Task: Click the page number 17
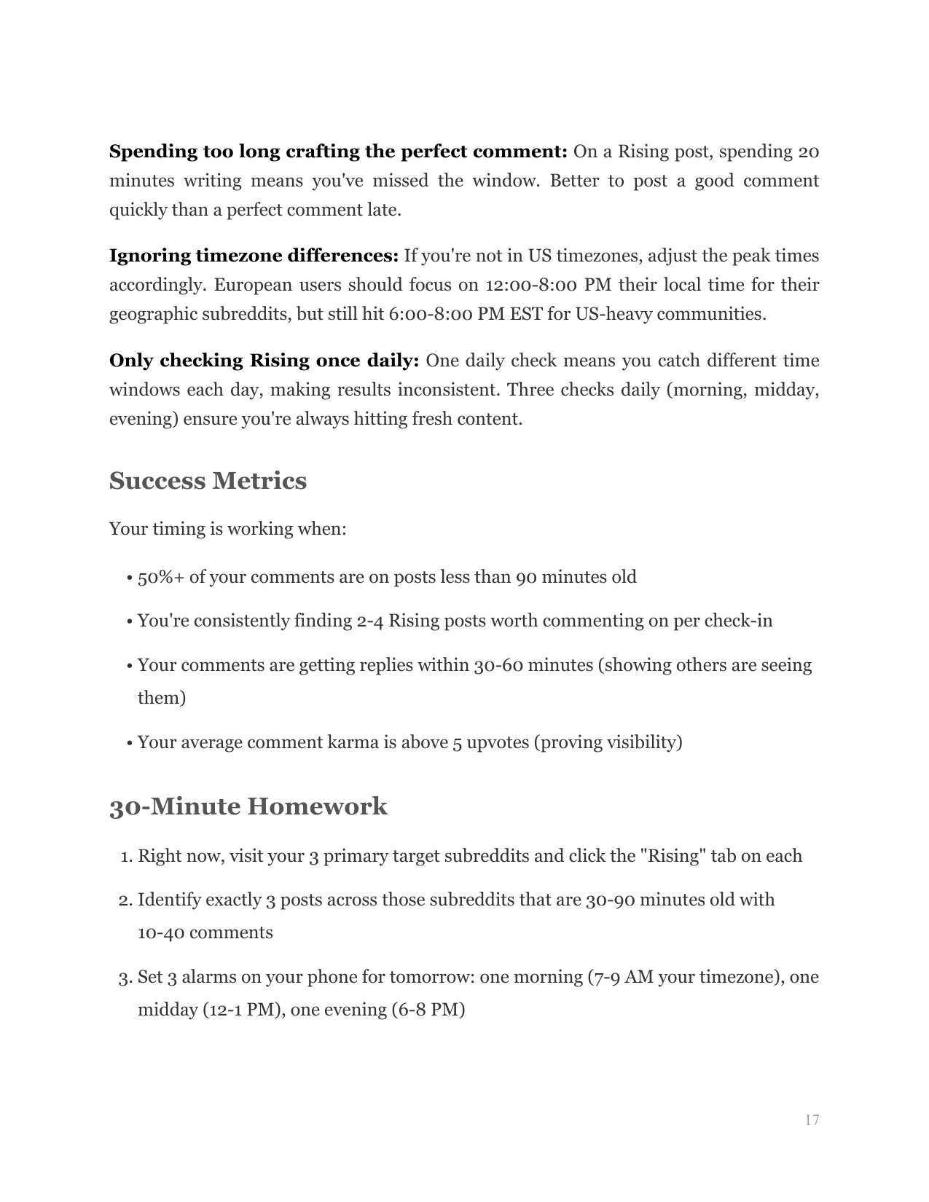pos(812,1120)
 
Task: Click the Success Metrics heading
pos(208,481)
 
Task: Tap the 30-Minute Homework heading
pos(248,806)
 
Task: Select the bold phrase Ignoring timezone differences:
pos(254,256)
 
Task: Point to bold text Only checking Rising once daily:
pos(264,361)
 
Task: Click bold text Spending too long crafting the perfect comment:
pos(338,152)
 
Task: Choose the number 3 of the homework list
pos(125,977)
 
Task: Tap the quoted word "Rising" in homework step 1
pos(673,856)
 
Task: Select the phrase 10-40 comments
pos(205,932)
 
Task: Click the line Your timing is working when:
pos(227,529)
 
